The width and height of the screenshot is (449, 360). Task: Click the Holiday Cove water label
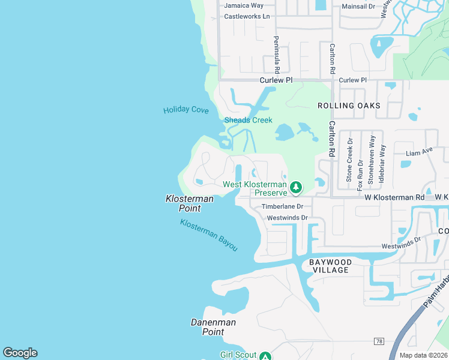[186, 110]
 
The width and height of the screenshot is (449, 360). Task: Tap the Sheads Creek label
[249, 120]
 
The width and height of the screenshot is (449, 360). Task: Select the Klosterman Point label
[184, 203]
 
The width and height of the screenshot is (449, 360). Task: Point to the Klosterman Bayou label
[209, 235]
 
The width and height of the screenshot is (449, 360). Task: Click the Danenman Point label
[213, 327]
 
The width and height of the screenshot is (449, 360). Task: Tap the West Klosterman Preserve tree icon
[295, 188]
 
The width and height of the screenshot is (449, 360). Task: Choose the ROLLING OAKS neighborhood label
[349, 106]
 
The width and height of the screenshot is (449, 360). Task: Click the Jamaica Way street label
[244, 5]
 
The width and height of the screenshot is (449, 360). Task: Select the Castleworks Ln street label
[247, 16]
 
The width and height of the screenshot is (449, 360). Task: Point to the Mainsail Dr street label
[358, 7]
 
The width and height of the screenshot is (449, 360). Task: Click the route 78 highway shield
[378, 341]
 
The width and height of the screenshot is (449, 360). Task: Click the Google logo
[20, 353]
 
